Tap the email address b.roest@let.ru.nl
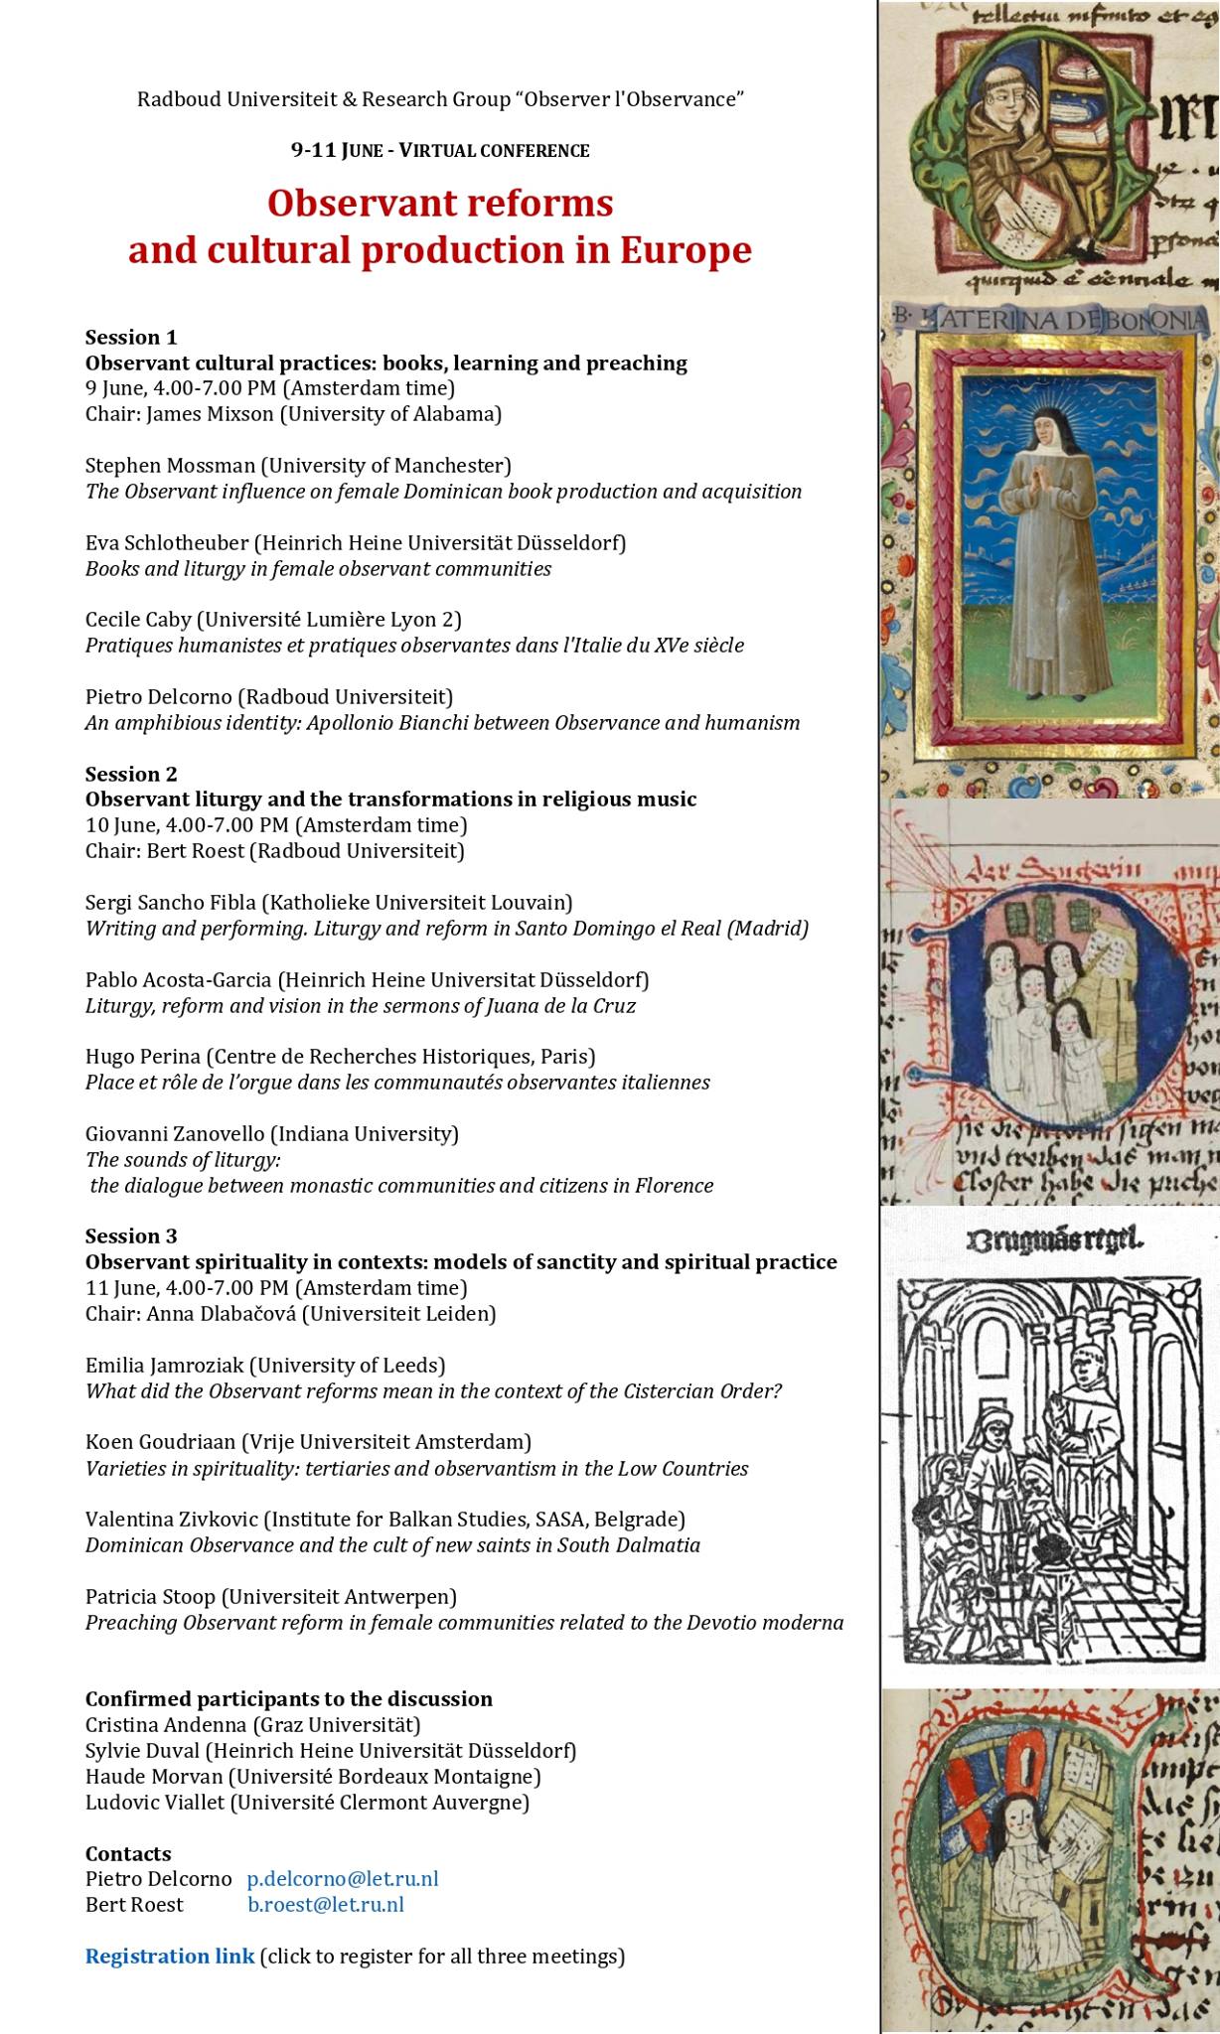325,1904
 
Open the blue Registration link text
169,1956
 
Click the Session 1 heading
131,337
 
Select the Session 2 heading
131,774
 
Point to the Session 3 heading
131,1235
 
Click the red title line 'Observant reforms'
439,204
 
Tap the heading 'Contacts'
128,1853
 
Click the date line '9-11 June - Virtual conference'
439,151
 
